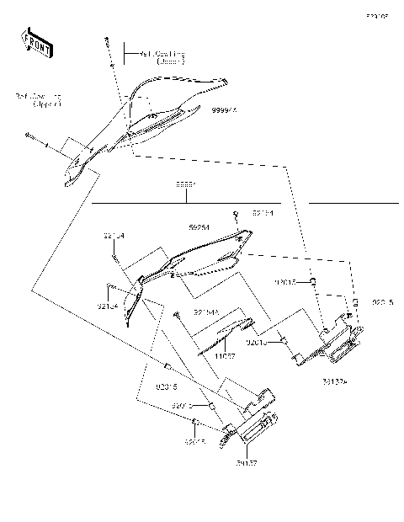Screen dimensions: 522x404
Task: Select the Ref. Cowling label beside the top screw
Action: [x=162, y=57]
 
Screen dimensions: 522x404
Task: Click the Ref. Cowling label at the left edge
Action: [x=38, y=101]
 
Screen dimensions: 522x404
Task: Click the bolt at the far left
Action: [x=30, y=136]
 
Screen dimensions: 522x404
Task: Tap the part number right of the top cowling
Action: [x=224, y=110]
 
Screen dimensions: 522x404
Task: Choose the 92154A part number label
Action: [x=206, y=312]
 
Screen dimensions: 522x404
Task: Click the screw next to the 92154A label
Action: [x=179, y=313]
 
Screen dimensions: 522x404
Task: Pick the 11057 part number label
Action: [x=223, y=357]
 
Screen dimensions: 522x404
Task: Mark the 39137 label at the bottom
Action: [x=247, y=462]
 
